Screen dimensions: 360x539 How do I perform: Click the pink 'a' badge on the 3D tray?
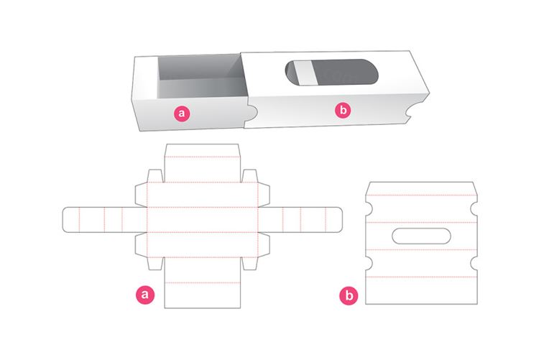click(x=182, y=112)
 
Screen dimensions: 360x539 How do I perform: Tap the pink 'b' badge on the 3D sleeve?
click(x=344, y=110)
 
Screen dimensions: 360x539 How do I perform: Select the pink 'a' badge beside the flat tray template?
click(x=146, y=294)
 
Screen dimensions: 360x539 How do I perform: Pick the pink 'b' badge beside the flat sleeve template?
click(x=349, y=294)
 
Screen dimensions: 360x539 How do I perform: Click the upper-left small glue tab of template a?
click(x=155, y=177)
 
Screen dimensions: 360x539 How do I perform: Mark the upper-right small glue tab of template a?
click(x=249, y=177)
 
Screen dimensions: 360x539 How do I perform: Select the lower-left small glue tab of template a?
click(x=155, y=262)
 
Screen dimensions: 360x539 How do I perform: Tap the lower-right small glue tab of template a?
click(x=249, y=262)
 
